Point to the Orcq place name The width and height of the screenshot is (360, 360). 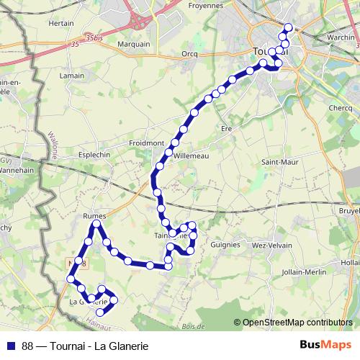(190, 53)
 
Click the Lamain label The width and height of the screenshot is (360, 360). (73, 76)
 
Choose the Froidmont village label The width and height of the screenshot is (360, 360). (145, 143)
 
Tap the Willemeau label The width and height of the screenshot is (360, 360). (189, 154)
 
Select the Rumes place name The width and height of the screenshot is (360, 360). (95, 215)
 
